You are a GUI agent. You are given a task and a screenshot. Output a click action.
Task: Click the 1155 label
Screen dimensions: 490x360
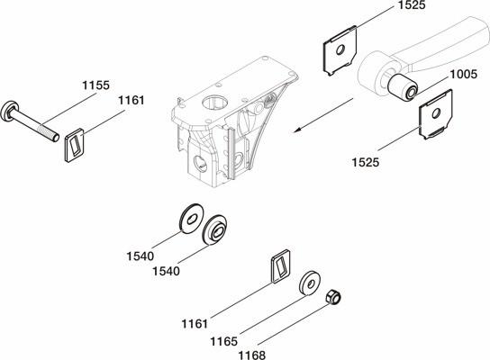pyautogui.click(x=96, y=85)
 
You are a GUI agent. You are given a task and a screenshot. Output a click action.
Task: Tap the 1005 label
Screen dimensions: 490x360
pyautogui.click(x=464, y=74)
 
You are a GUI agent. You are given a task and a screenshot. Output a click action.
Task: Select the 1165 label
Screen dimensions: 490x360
pyautogui.click(x=223, y=341)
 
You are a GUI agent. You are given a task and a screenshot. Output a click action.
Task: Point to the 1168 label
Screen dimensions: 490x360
pyautogui.click(x=252, y=355)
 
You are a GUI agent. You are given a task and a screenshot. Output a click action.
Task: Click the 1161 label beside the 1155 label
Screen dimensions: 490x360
pyautogui.click(x=132, y=100)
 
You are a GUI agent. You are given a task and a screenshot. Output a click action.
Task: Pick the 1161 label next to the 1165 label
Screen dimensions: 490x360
pyautogui.click(x=195, y=324)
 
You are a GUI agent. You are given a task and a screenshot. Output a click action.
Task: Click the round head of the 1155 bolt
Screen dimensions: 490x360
pyautogui.click(x=8, y=111)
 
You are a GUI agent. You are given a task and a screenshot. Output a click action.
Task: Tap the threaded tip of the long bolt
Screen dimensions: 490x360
pyautogui.click(x=56, y=138)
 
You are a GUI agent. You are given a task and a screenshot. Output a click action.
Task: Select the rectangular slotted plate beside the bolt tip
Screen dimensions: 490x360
pyautogui.click(x=75, y=145)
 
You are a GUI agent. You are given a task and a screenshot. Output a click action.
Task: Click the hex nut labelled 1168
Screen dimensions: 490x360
pyautogui.click(x=333, y=297)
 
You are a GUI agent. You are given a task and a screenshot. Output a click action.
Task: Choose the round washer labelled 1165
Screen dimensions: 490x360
pyautogui.click(x=310, y=283)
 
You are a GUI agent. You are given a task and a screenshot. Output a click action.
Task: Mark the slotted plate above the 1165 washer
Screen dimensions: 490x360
pyautogui.click(x=280, y=266)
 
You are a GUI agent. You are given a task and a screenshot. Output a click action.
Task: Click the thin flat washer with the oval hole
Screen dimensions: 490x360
pyautogui.click(x=191, y=220)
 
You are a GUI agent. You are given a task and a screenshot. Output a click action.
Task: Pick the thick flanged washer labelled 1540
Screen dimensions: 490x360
pyautogui.click(x=214, y=230)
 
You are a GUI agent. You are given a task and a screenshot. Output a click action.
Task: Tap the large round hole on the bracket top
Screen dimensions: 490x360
pyautogui.click(x=215, y=102)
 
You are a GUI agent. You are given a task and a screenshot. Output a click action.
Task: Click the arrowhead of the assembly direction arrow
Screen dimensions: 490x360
pyautogui.click(x=297, y=130)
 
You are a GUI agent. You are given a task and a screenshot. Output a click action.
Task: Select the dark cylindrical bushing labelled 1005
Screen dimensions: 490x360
pyautogui.click(x=403, y=87)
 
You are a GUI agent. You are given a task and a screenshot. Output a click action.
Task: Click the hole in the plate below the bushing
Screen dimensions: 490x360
pyautogui.click(x=436, y=113)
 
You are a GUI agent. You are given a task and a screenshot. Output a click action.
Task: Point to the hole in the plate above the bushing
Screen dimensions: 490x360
pyautogui.click(x=340, y=49)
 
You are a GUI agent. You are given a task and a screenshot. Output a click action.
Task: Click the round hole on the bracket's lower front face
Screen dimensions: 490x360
pyautogui.click(x=200, y=164)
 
